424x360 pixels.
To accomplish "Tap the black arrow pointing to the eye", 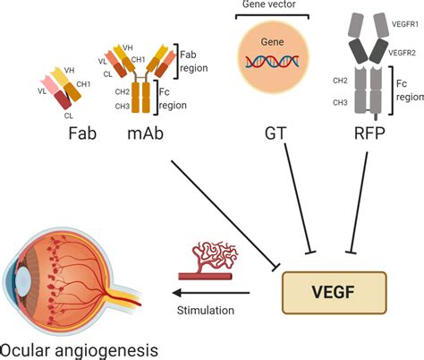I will coord(200,291).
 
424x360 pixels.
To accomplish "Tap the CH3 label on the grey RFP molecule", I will coord(340,103).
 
